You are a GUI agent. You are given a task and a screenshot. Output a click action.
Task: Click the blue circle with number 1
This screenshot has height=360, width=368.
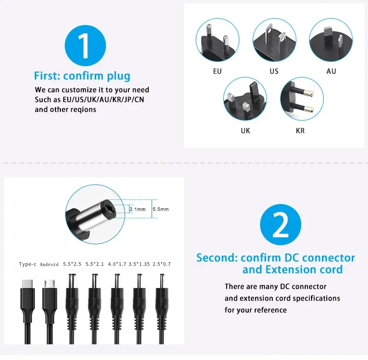[85, 46]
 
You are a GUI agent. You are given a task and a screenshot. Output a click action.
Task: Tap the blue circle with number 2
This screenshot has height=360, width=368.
[281, 225]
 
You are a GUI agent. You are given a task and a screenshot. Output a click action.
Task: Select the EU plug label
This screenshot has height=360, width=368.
[217, 71]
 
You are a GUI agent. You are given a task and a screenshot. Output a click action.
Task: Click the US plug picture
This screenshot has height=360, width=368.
[274, 40]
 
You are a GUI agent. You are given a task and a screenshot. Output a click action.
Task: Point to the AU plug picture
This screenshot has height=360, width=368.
[331, 40]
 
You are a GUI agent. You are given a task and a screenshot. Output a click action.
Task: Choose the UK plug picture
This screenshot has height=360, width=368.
[245, 99]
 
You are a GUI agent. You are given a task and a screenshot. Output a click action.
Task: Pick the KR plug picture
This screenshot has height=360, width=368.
[302, 99]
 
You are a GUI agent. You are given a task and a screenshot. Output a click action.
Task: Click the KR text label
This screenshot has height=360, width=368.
[300, 130]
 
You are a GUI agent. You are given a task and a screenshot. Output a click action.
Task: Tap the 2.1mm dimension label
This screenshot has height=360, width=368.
[138, 209]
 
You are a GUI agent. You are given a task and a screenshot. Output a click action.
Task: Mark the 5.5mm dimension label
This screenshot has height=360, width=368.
[161, 209]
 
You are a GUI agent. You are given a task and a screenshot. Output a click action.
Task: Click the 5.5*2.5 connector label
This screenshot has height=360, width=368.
[72, 264]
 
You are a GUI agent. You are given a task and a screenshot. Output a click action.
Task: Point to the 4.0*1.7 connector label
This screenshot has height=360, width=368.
[117, 264]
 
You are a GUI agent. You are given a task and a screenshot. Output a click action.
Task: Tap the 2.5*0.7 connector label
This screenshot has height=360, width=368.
[161, 264]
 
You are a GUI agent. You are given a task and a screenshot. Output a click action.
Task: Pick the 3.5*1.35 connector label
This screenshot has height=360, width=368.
[139, 264]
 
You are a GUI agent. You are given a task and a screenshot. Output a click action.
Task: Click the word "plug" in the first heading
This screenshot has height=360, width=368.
[119, 76]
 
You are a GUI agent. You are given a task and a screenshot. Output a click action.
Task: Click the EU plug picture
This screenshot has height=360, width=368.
[217, 40]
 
